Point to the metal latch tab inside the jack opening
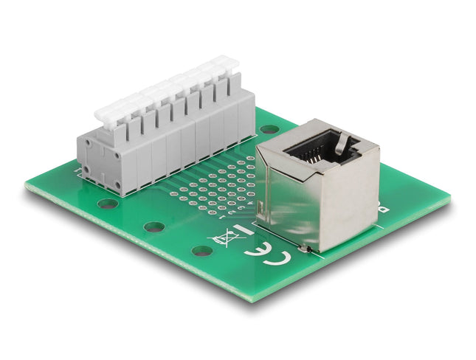pos(342,144)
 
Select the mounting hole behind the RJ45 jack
pos(269,128)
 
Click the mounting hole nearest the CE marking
pos(202,250)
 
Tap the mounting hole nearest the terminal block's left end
pos(108,203)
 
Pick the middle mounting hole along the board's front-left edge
pos(154,226)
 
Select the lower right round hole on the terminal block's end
pos(117,184)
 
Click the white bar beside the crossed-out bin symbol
pos(246,232)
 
